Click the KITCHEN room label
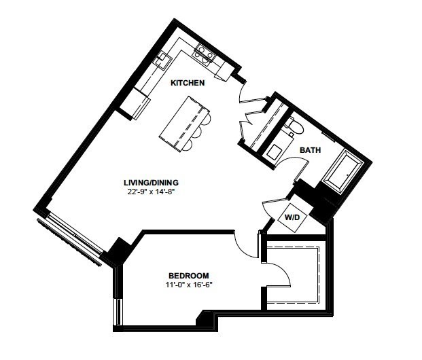point(188,83)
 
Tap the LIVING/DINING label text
point(151,183)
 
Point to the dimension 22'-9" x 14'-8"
point(152,192)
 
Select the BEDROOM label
point(189,276)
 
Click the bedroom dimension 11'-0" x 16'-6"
point(190,285)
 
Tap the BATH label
point(311,150)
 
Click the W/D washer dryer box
point(292,217)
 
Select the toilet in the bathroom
point(294,126)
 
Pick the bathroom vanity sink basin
point(275,152)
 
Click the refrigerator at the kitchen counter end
point(135,104)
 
